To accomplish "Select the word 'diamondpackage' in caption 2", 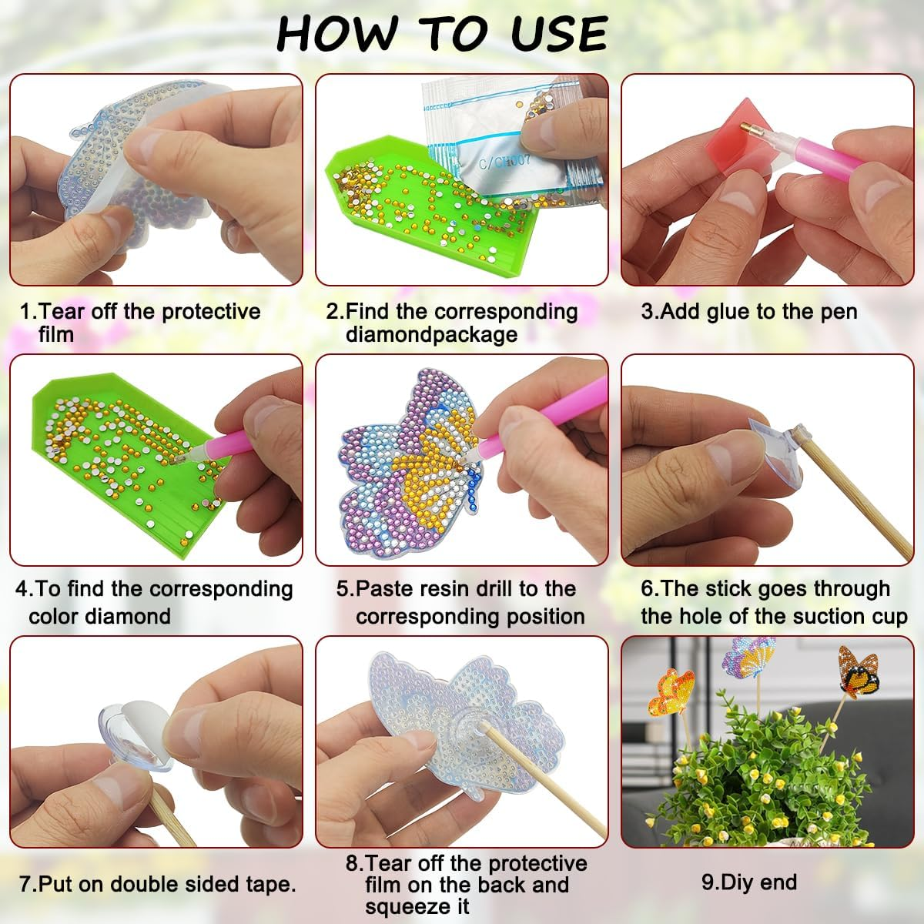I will click(x=431, y=335).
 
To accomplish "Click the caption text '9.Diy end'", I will click(x=748, y=882).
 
